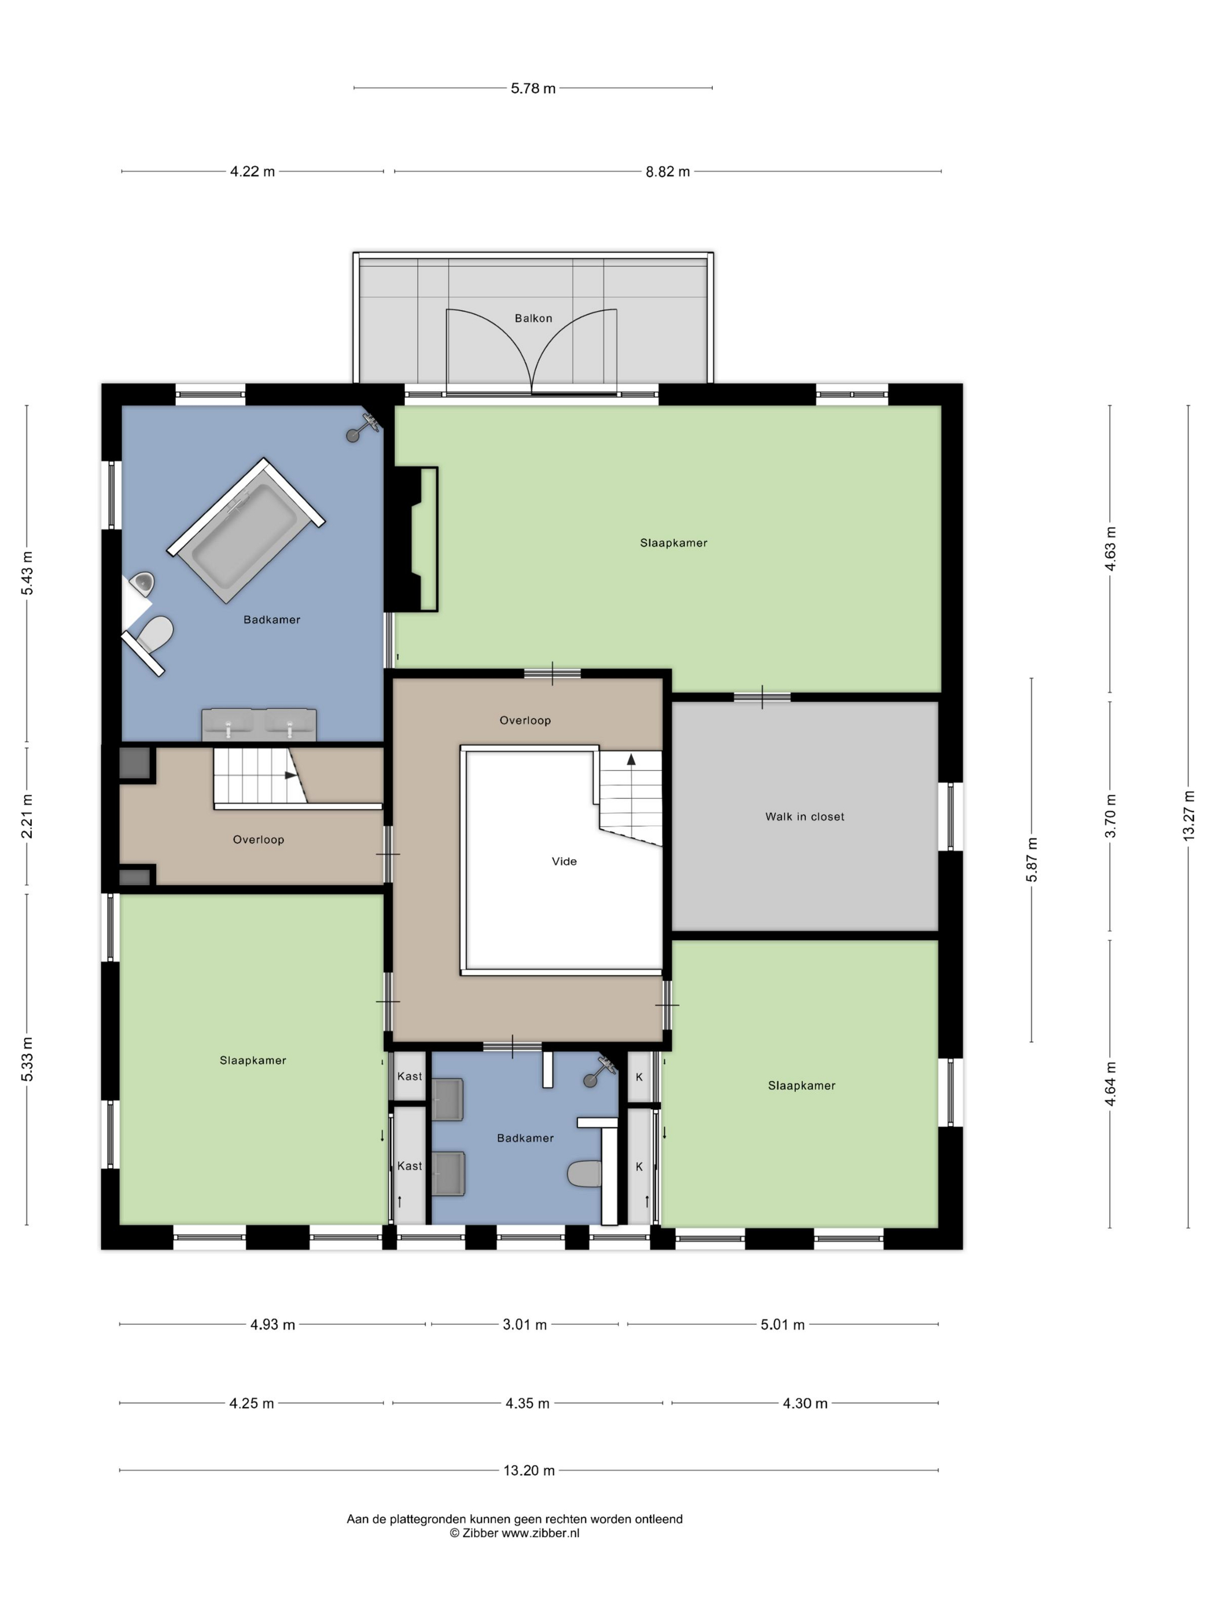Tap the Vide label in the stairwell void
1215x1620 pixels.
(564, 861)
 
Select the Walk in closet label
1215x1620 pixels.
(804, 816)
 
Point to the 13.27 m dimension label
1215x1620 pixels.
(1188, 816)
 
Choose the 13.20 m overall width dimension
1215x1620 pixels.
(529, 1470)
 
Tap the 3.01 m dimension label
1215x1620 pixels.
(524, 1324)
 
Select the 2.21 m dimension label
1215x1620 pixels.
(27, 816)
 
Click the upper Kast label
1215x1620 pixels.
(410, 1076)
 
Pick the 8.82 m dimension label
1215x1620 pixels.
(667, 172)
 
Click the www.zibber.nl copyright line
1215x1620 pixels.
(514, 1533)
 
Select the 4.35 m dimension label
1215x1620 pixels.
(526, 1403)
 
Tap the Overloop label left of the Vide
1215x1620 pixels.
(258, 840)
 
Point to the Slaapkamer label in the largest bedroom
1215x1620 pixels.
(673, 543)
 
